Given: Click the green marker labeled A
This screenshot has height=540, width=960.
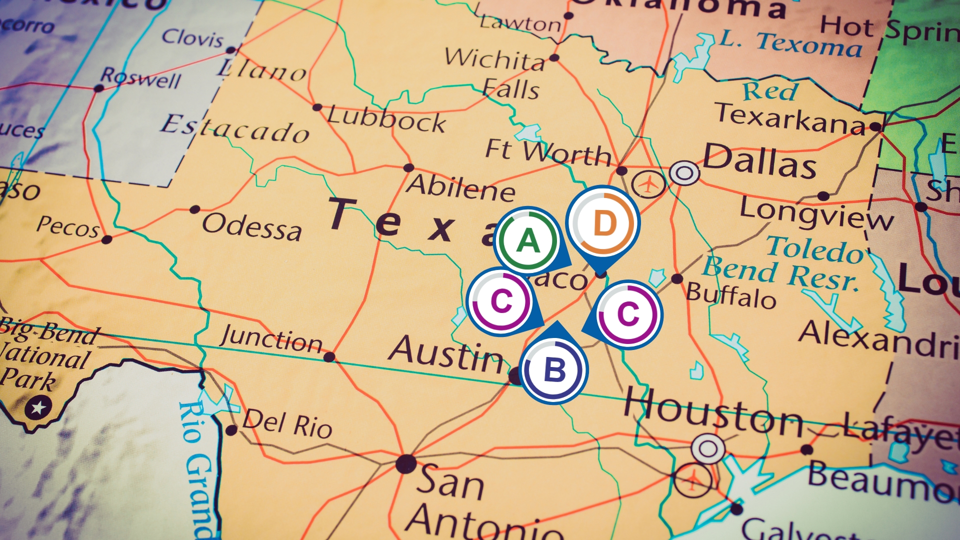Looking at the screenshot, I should point(528,240).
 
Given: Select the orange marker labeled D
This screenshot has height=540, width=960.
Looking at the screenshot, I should point(604,223).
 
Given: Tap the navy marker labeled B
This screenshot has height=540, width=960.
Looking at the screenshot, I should point(554,370).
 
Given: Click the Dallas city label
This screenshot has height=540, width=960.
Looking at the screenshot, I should point(759,160).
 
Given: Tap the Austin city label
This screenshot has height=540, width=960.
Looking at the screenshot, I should point(446,354).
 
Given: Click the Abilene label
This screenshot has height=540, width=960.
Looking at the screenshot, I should point(460,187).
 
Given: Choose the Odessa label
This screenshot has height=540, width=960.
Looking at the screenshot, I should point(252,226).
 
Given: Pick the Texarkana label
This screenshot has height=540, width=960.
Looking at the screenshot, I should point(790,118).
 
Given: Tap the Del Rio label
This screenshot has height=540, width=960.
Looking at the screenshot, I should point(287,423).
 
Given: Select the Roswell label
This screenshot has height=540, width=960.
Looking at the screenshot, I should point(140,77).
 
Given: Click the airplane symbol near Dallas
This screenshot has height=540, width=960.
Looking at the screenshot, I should point(648,184).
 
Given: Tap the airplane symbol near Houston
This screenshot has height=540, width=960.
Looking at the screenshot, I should point(692,480).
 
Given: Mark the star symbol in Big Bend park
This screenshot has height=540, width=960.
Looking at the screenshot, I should point(38,407).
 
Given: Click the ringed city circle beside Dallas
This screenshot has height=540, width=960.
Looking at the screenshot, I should point(684,173).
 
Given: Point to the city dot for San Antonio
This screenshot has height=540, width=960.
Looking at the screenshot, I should point(406,463).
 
